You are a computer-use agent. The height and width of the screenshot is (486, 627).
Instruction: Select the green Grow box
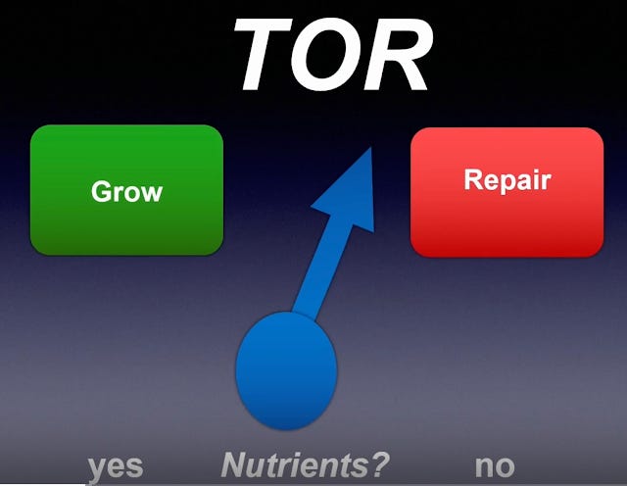[126, 189]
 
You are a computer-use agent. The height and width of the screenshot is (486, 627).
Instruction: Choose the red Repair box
[506, 191]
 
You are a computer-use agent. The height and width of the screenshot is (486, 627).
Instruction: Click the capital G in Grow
[101, 191]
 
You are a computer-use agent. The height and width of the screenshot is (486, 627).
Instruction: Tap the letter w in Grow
[151, 193]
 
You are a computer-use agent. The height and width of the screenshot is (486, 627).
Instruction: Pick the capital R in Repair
[472, 180]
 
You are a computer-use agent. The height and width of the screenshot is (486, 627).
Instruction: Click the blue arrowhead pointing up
[347, 192]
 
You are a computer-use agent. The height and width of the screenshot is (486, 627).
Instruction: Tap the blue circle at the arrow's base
[286, 369]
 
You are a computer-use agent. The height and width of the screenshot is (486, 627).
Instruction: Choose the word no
[495, 465]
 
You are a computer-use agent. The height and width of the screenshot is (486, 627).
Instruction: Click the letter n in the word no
[484, 466]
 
